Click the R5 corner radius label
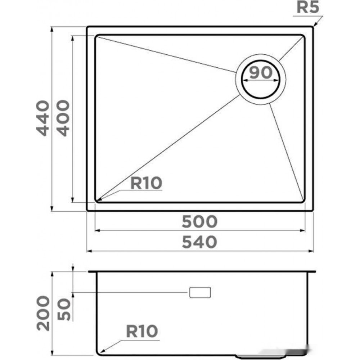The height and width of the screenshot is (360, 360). coord(308,8)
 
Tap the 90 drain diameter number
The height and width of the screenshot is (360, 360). coord(261,73)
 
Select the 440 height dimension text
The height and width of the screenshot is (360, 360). coord(43,118)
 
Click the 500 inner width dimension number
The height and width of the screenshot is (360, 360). coord(199,221)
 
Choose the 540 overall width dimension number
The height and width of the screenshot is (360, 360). coord(199,242)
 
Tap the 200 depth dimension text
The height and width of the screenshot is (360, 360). coord(43,313)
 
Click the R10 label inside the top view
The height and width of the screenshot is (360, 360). coord(146,183)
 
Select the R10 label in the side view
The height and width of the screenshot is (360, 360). coord(142,331)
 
